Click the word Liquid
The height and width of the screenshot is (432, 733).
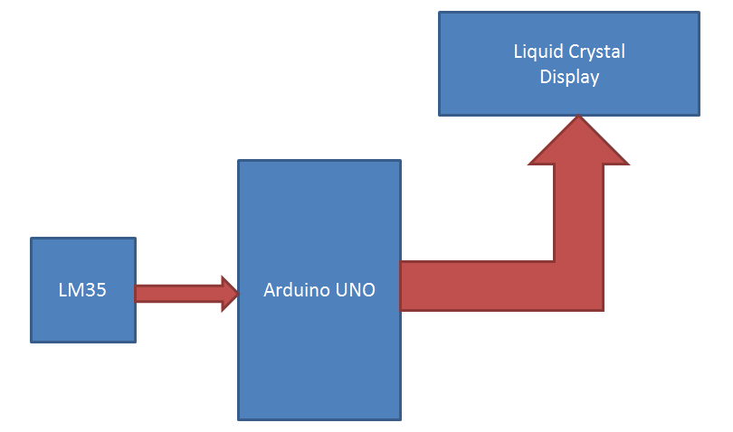(536, 52)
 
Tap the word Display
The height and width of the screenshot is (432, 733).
(569, 78)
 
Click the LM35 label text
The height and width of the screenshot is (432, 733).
(82, 291)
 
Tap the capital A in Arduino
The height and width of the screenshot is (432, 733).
(269, 291)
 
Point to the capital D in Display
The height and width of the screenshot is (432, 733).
(545, 78)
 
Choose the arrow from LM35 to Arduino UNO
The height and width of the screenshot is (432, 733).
(181, 293)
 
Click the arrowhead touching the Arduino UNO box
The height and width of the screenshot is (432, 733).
(230, 293)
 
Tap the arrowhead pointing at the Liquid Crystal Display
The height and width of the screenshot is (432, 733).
(578, 140)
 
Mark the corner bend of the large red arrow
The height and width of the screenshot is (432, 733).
(579, 285)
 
